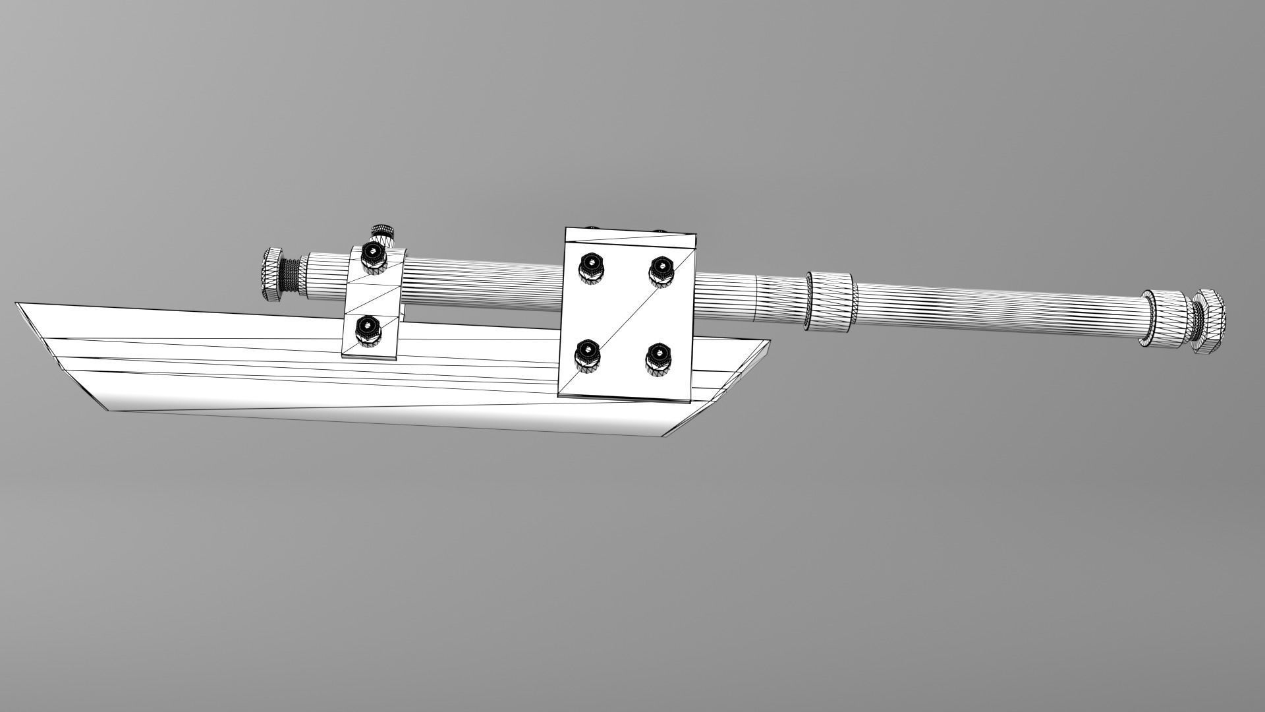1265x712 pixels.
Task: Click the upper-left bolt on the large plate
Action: [591, 268]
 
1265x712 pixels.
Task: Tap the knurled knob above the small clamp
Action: [383, 233]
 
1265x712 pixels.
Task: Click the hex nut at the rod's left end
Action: [273, 275]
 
